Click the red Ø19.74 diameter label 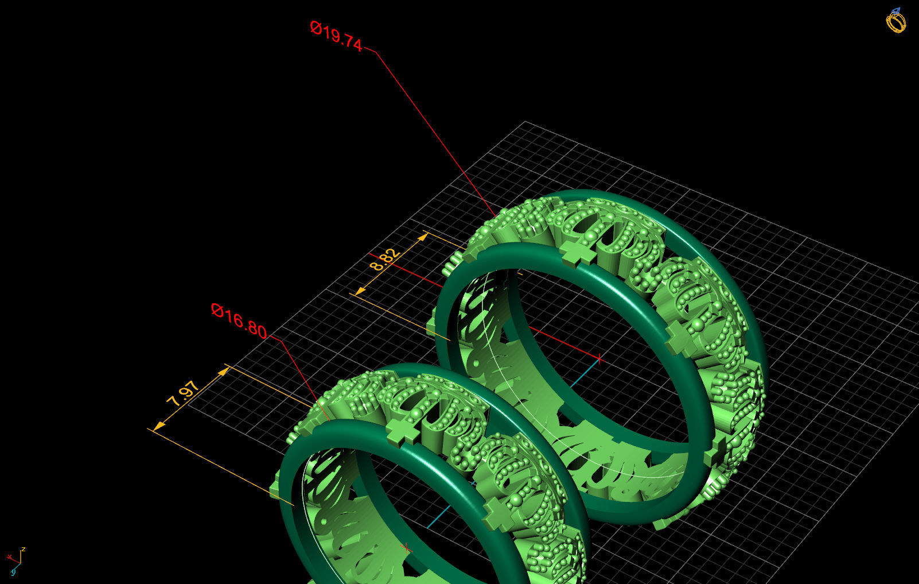pyautogui.click(x=336, y=36)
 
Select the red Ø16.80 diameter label pyautogui.click(x=239, y=321)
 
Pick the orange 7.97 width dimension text pyautogui.click(x=182, y=393)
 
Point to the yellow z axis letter pyautogui.click(x=23, y=550)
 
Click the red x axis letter pyautogui.click(x=9, y=557)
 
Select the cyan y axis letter pyautogui.click(x=13, y=572)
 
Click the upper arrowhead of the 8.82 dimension pyautogui.click(x=423, y=236)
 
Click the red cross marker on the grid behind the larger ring pyautogui.click(x=599, y=359)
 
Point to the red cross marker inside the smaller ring pyautogui.click(x=406, y=548)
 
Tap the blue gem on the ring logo pyautogui.click(x=896, y=11)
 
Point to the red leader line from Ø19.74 pyautogui.click(x=430, y=126)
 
